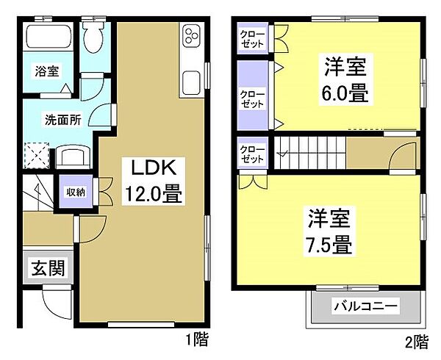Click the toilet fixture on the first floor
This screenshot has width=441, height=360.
coord(94,37)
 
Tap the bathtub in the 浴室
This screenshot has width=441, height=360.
coord(49,37)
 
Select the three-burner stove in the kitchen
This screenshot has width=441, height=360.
coord(192,35)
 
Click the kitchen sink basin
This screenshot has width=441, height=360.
coord(192,84)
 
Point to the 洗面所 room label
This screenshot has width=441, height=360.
coord(63,120)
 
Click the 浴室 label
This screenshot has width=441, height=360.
coord(47,71)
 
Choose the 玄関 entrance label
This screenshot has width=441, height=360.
coord(48,268)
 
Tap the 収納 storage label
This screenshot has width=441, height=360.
coord(76,192)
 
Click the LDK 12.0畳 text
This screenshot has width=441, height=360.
coord(154,181)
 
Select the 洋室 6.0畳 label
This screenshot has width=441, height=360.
coord(345,79)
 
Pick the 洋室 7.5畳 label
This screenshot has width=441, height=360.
coord(329,231)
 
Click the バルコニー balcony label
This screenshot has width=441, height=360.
coord(366,306)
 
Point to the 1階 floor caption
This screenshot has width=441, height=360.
coord(197,339)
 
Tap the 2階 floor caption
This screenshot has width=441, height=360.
coord(417,342)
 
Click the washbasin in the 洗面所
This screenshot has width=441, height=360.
coord(73,156)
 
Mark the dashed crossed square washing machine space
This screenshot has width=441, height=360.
coord(37,156)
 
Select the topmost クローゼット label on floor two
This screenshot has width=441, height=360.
coord(252,38)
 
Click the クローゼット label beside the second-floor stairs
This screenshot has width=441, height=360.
coord(252,154)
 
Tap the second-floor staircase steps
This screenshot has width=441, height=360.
coord(310,153)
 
